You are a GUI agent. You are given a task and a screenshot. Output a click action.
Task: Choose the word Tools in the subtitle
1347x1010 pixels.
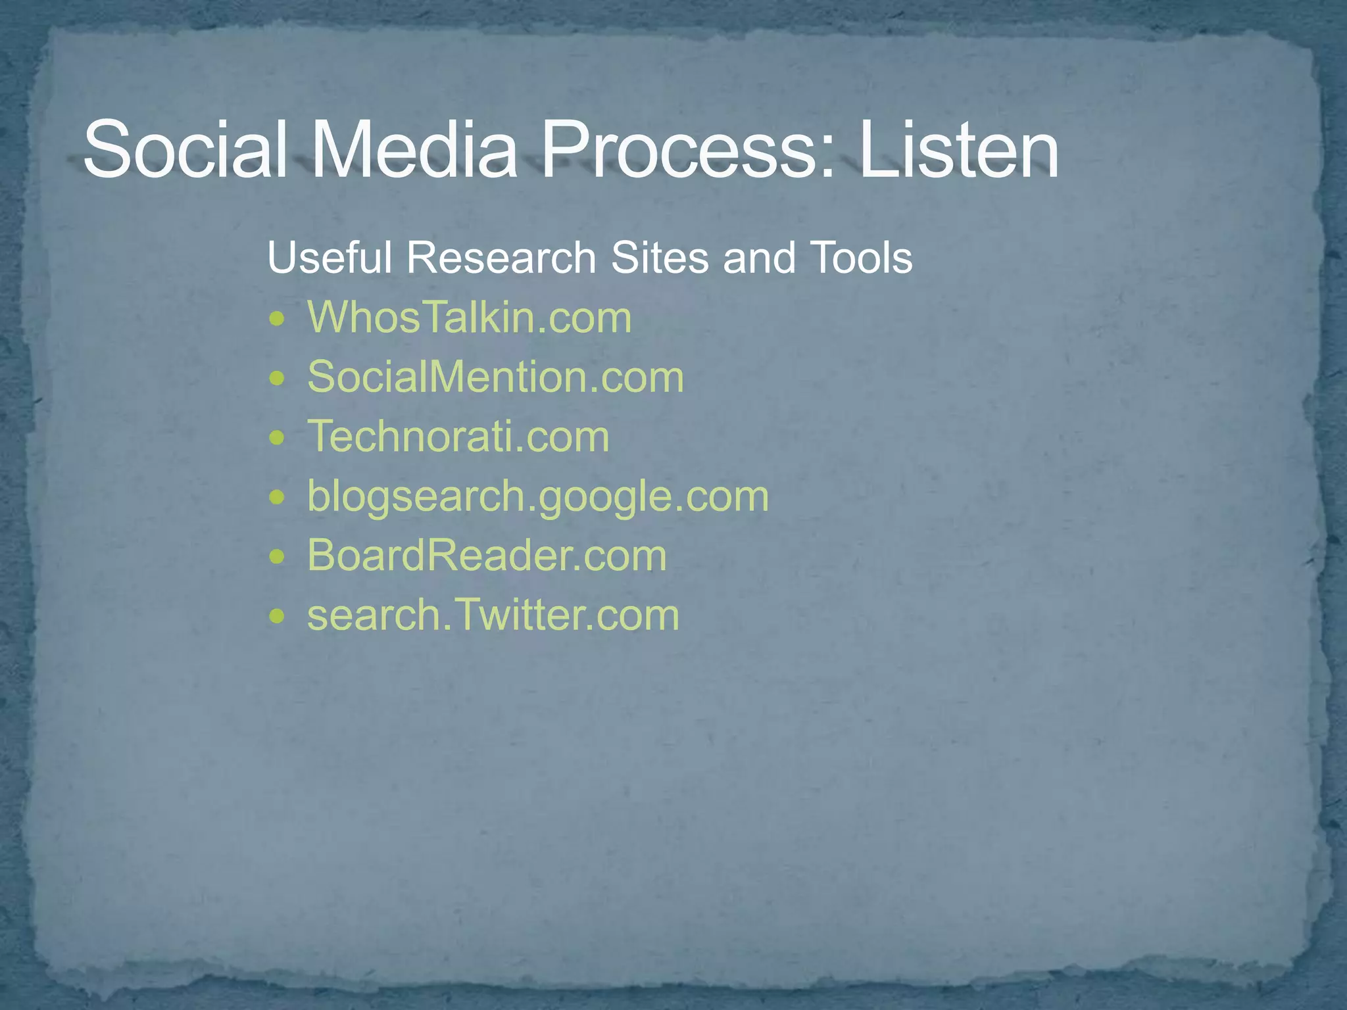point(861,257)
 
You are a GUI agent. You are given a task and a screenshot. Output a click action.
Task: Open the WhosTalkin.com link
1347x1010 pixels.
point(470,318)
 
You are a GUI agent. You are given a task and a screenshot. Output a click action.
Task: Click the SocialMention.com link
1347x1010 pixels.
point(496,377)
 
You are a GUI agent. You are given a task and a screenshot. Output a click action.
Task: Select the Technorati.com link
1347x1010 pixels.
point(458,437)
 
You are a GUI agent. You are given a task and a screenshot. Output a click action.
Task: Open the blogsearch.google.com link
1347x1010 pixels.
point(538,497)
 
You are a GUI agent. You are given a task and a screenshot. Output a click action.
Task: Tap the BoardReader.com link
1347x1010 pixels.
point(487,556)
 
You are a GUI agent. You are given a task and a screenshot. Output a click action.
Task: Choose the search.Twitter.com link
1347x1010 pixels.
point(493,615)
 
